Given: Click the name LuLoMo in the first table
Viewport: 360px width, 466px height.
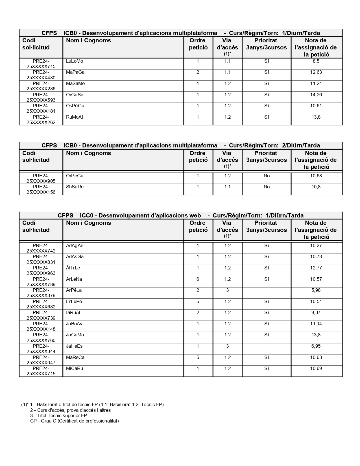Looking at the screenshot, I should (75, 61).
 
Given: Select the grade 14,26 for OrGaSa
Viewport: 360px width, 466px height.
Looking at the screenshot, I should (316, 95).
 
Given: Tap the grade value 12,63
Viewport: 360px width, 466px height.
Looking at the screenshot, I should (316, 72).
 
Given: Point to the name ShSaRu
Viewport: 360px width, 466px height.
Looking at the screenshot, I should (75, 187).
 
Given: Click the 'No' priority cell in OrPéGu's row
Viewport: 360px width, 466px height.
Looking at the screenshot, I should (267, 176).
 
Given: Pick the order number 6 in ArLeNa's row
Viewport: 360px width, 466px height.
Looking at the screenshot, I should (198, 279).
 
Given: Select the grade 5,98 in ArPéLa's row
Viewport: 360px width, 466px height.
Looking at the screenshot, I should (316, 290).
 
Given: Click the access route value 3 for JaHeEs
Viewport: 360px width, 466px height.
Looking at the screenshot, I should (227, 346).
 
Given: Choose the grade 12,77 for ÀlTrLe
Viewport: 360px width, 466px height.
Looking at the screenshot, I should (316, 268).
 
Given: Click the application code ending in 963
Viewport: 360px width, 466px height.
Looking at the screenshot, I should (41, 271).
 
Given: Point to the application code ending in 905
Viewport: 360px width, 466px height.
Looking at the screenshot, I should (41, 178).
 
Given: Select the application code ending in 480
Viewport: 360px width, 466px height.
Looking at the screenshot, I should (41, 75).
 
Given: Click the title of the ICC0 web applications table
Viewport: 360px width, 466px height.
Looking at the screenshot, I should (180, 215).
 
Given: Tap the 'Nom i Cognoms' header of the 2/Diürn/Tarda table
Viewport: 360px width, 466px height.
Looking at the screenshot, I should (88, 153).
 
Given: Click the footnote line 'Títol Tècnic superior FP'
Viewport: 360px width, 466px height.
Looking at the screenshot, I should (58, 415).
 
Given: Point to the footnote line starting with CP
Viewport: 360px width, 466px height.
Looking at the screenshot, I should (74, 421).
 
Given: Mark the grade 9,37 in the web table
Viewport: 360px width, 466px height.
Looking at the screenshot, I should (316, 313).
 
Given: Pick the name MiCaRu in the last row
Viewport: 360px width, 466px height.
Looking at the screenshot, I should (75, 369).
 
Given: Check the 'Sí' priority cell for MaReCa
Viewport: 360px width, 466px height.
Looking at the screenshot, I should (267, 358).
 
